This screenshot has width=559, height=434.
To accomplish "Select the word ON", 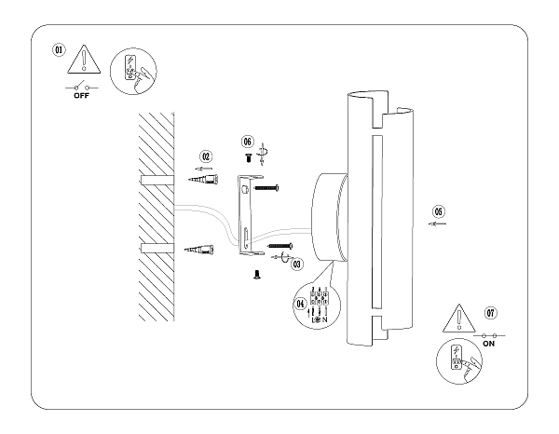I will tap(488, 344).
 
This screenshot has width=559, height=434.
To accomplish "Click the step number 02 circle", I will tap(207, 156).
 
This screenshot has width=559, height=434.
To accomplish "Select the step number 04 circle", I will tap(300, 303).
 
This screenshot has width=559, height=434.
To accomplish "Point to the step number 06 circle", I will tap(248, 142).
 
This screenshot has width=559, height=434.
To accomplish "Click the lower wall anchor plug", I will tap(204, 249).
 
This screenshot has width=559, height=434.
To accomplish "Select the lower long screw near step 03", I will tap(280, 245).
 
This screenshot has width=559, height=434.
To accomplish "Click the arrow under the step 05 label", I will tap(436, 224).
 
